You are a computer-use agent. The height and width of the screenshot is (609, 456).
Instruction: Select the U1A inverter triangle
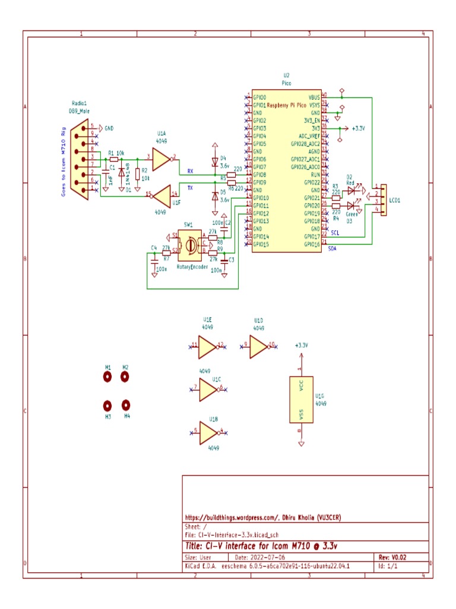pyautogui.click(x=159, y=159)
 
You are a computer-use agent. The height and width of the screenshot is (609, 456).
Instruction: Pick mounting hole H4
pyautogui.click(x=125, y=405)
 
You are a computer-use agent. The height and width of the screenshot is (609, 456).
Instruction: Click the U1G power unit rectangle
pyautogui.click(x=302, y=400)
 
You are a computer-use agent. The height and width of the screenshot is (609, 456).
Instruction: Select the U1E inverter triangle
pyautogui.click(x=207, y=345)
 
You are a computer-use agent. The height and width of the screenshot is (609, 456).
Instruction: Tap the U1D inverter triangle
pyautogui.click(x=258, y=344)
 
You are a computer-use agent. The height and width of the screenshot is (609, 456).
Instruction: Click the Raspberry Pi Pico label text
pyautogui.click(x=287, y=105)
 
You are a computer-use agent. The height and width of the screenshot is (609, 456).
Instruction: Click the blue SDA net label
pyautogui.click(x=332, y=249)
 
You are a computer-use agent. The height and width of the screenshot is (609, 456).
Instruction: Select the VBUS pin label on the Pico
pyautogui.click(x=314, y=97)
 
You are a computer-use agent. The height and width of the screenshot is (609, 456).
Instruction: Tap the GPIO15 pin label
pyautogui.click(x=261, y=244)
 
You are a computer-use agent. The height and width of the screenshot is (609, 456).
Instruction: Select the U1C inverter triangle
pyautogui.click(x=208, y=388)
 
